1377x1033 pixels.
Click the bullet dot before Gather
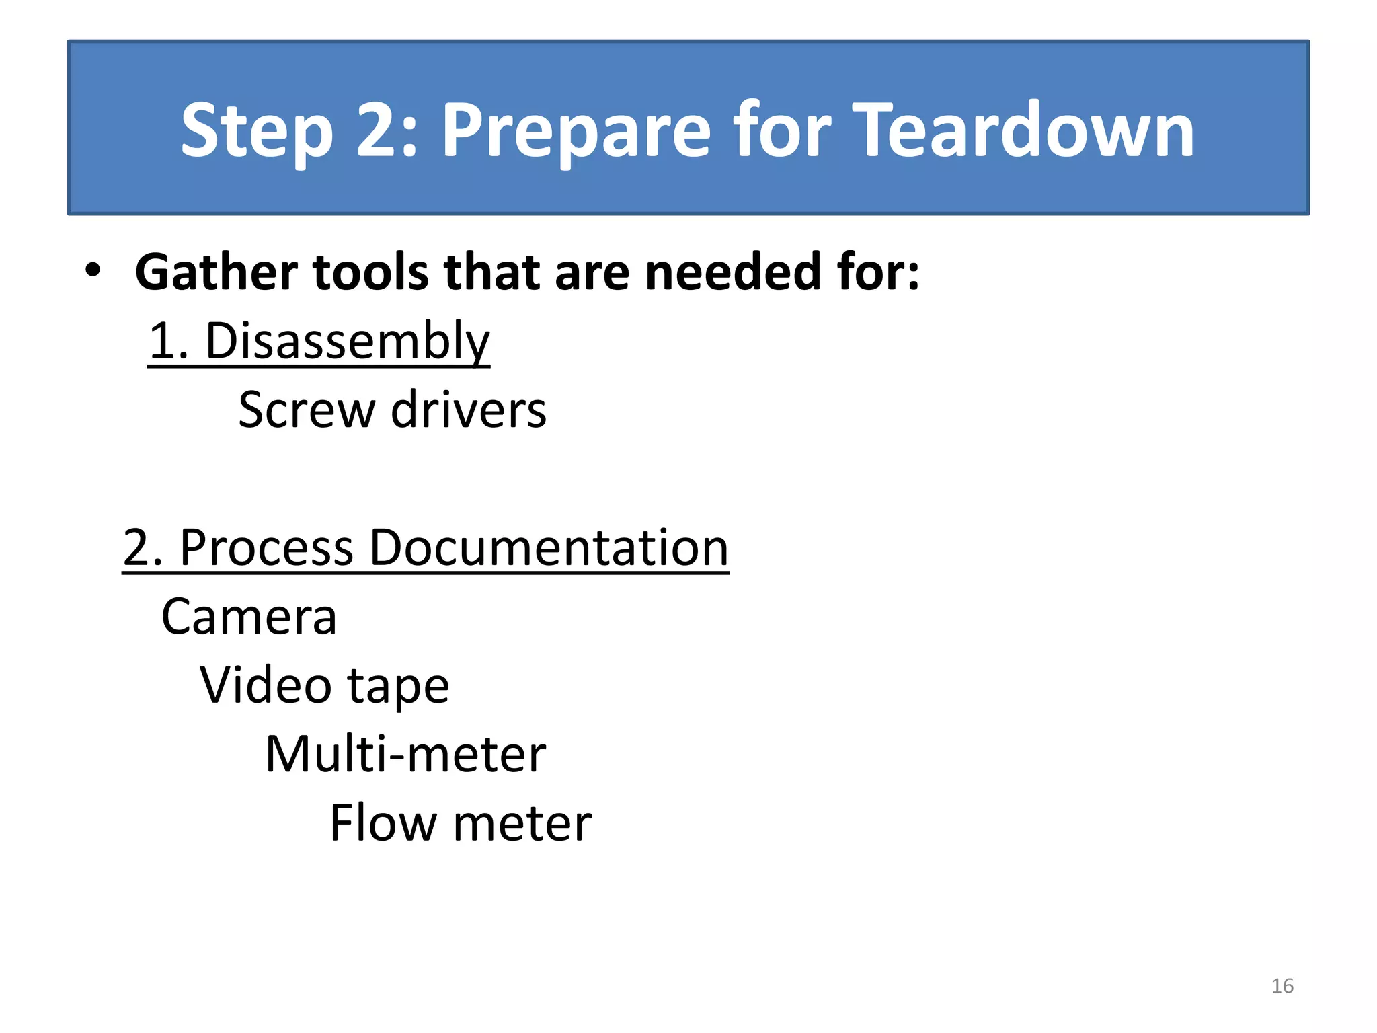93,271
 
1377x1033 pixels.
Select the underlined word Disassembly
347,342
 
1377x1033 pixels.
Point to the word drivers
469,410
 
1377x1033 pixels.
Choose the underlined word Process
266,548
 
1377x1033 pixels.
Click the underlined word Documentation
549,548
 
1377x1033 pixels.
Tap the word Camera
249,617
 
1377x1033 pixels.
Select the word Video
266,685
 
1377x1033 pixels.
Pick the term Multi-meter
405,755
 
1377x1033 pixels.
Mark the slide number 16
1282,986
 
